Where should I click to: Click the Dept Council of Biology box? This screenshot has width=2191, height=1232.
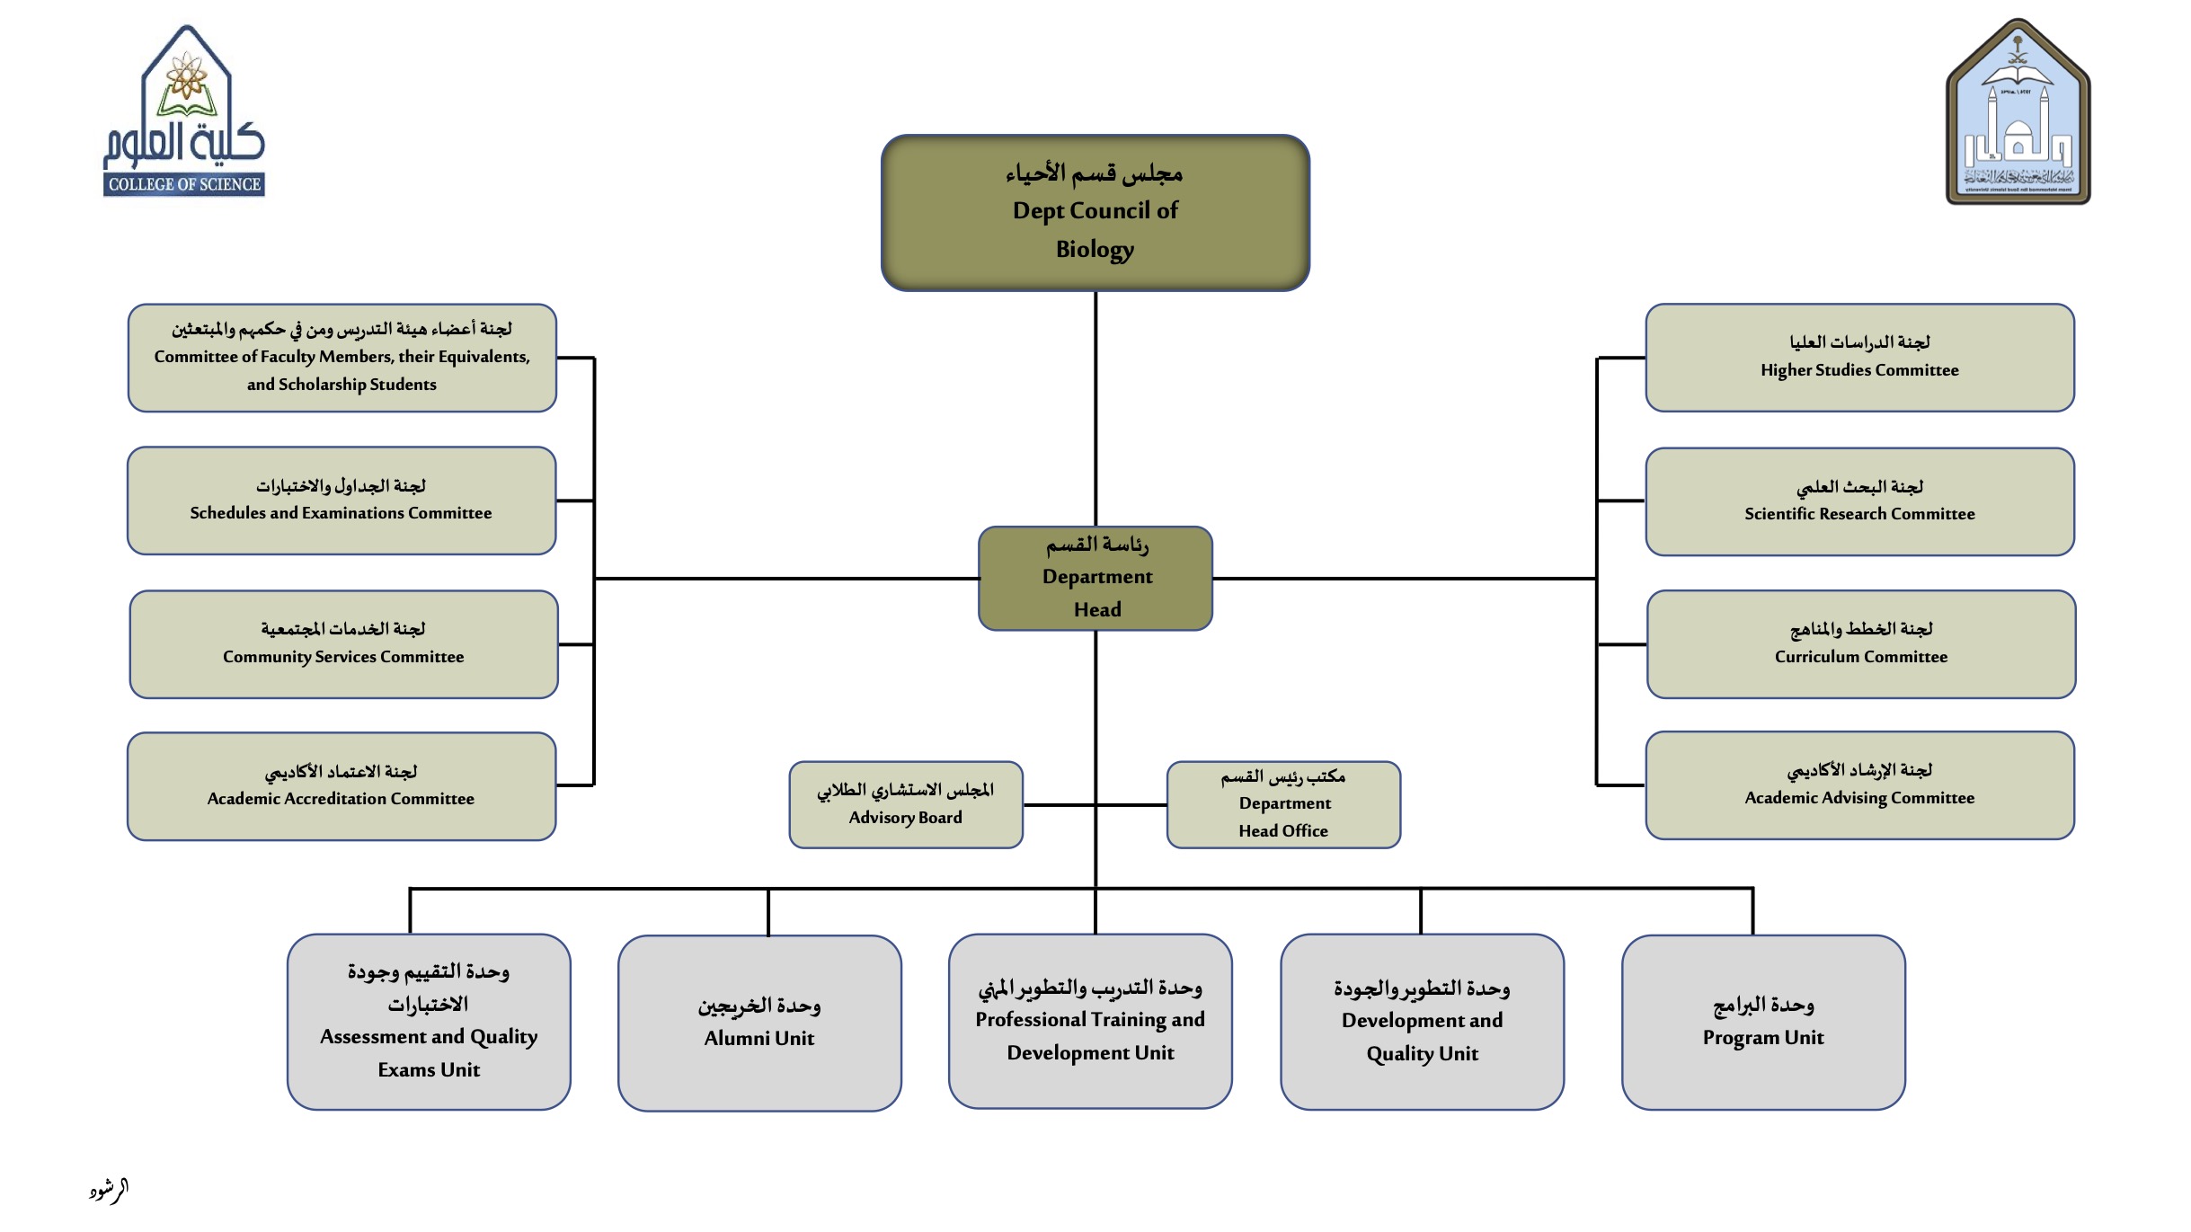[x=1095, y=213]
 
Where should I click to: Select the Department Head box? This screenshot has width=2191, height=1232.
[x=1095, y=579]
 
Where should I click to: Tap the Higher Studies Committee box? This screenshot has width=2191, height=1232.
[x=1859, y=358]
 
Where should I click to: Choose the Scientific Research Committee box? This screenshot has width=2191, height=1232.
[x=1859, y=501]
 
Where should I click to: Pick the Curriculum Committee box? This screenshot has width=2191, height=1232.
[x=1860, y=644]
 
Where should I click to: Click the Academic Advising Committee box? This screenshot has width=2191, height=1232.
[x=1859, y=785]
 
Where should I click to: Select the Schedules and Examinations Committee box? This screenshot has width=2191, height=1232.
[x=342, y=501]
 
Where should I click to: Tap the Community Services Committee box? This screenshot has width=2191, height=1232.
[x=343, y=644]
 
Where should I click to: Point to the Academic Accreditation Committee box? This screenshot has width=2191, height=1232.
[x=342, y=786]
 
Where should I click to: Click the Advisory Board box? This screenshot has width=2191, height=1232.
[x=906, y=805]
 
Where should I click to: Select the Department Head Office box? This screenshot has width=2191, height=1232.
[x=1283, y=805]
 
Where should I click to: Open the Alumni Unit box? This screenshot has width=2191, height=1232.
[x=759, y=1023]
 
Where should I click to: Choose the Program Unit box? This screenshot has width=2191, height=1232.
[x=1763, y=1023]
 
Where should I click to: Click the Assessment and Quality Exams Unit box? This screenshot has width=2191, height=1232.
[x=429, y=1022]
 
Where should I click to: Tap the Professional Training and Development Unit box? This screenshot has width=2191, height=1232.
[x=1090, y=1021]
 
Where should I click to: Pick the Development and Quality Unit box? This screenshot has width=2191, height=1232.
[x=1422, y=1022]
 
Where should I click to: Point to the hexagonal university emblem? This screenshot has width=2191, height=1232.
[x=2018, y=112]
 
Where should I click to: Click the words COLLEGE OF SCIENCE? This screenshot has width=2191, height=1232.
[x=184, y=184]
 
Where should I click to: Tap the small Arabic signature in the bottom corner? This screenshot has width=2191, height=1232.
[x=109, y=1191]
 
